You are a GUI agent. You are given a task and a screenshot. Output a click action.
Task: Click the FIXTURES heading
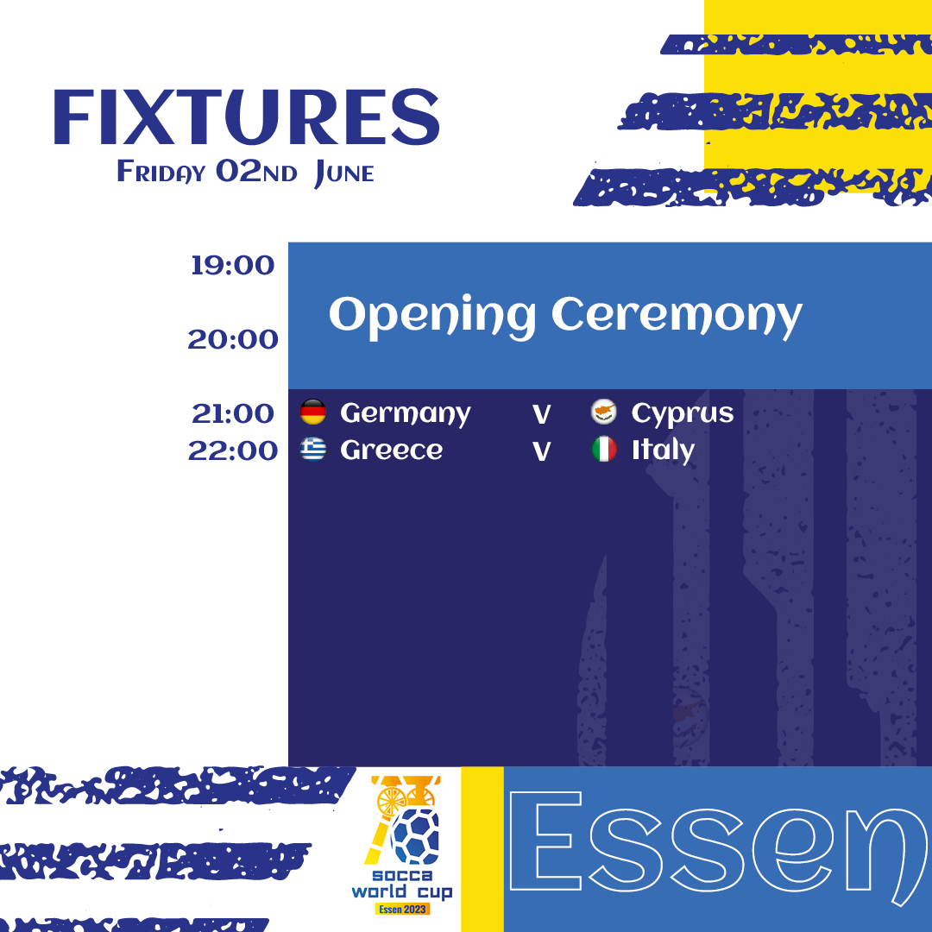[246, 117]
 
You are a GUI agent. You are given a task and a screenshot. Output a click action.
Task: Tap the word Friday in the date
[161, 173]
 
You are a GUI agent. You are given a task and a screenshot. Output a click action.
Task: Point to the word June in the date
[344, 173]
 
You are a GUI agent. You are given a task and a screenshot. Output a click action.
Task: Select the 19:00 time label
[232, 265]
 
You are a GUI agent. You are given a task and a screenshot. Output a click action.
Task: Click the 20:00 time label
[232, 339]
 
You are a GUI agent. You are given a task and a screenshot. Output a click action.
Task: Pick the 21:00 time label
[232, 413]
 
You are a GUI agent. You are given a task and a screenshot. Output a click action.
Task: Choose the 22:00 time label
[232, 450]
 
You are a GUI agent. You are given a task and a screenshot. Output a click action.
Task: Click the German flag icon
[312, 412]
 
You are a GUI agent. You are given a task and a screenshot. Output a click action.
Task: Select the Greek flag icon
[312, 449]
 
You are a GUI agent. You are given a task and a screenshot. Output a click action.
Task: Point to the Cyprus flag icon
[604, 412]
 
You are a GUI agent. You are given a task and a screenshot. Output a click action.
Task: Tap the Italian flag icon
[604, 449]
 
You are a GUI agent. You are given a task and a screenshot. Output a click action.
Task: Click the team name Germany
[406, 413]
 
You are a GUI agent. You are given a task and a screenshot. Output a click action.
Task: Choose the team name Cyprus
[683, 413]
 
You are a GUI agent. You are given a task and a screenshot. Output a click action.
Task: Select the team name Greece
[391, 450]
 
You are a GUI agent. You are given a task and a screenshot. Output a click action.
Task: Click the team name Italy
[663, 450]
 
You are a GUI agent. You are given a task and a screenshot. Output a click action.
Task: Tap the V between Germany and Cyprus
[541, 415]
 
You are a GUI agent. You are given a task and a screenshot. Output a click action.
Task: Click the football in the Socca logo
[415, 835]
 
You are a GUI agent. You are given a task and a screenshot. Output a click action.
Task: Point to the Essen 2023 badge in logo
[402, 910]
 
